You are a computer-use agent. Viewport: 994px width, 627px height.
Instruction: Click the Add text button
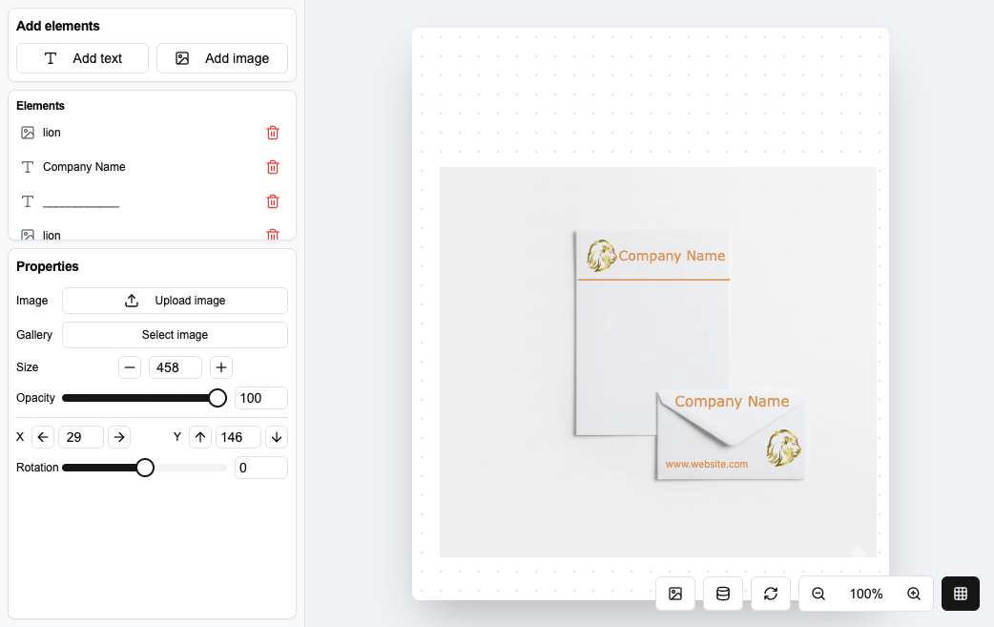pyautogui.click(x=82, y=58)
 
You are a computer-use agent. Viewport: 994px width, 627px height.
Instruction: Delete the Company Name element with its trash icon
pyautogui.click(x=273, y=167)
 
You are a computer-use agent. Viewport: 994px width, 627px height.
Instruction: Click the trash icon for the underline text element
pyautogui.click(x=273, y=201)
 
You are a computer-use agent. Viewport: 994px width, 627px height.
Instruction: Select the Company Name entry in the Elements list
pyautogui.click(x=84, y=167)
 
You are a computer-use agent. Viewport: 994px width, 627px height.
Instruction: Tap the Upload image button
pyautogui.click(x=175, y=301)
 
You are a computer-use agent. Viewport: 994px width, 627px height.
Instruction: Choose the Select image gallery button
pyautogui.click(x=175, y=335)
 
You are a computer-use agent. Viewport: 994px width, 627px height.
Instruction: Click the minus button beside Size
pyautogui.click(x=130, y=367)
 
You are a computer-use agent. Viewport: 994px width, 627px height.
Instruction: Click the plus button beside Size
pyautogui.click(x=221, y=367)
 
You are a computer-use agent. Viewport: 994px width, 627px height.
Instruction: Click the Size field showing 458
pyautogui.click(x=176, y=367)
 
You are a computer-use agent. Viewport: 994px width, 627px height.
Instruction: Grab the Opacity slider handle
pyautogui.click(x=217, y=398)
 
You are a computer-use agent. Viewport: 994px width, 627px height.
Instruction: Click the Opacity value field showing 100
pyautogui.click(x=261, y=398)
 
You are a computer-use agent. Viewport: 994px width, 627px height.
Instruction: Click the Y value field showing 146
pyautogui.click(x=238, y=437)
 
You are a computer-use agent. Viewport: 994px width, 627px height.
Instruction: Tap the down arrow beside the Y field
pyautogui.click(x=277, y=437)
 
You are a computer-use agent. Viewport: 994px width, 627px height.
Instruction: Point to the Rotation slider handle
pyautogui.click(x=145, y=468)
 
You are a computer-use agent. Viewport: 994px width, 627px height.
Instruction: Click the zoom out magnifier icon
pyautogui.click(x=818, y=594)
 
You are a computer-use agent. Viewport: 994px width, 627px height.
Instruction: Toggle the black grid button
pyautogui.click(x=961, y=594)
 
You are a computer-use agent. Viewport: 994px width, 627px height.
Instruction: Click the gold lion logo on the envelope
pyautogui.click(x=783, y=448)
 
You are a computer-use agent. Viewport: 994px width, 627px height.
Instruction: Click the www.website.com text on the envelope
pyautogui.click(x=707, y=464)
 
